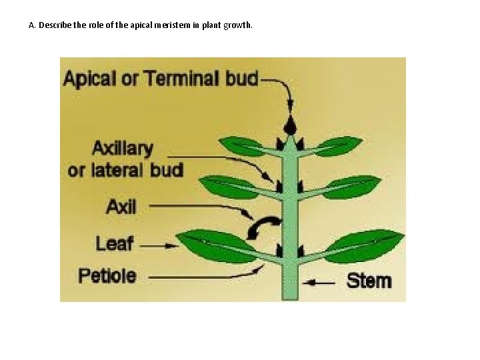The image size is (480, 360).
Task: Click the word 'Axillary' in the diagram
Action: (x=123, y=148)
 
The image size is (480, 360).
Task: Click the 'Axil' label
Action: (x=121, y=207)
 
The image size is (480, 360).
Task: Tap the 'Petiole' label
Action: (x=107, y=275)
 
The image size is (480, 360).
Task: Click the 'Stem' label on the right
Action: (x=369, y=281)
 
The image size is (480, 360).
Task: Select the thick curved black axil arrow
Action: (x=262, y=227)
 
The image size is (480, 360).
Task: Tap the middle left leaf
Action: (x=231, y=186)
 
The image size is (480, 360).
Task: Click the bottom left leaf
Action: (x=217, y=245)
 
